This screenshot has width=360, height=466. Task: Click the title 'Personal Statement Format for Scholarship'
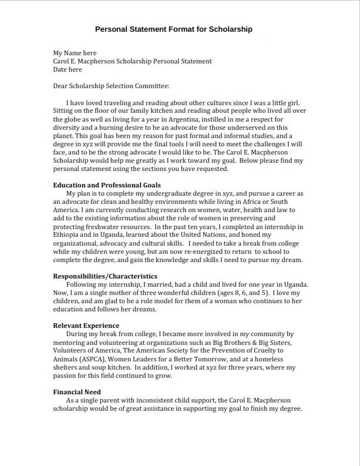173,29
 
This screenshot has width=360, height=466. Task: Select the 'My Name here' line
75,53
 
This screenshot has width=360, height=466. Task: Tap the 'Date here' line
68,69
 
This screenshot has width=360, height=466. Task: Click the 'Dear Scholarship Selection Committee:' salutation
111,86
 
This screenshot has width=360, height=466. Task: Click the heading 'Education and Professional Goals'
107,185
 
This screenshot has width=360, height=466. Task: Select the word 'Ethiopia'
67,234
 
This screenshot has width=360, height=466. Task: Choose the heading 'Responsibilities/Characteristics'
105,276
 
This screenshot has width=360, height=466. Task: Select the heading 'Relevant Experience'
86,326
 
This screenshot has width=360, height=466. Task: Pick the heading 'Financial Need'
76,392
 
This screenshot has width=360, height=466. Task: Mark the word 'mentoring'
70,342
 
